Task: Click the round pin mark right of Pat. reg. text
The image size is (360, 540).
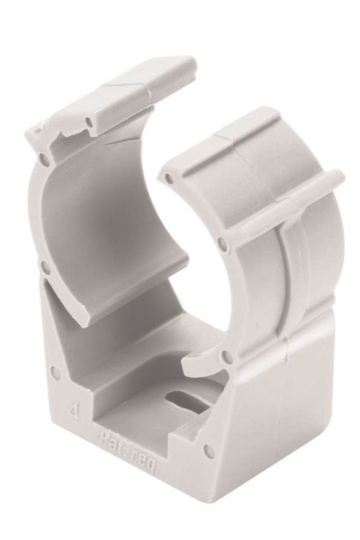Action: (208, 451)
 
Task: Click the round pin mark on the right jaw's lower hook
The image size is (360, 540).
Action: (227, 357)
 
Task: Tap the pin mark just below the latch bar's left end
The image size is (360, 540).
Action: (224, 244)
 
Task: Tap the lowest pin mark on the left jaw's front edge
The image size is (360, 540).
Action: (46, 267)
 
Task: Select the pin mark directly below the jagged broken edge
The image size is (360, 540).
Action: (44, 160)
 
